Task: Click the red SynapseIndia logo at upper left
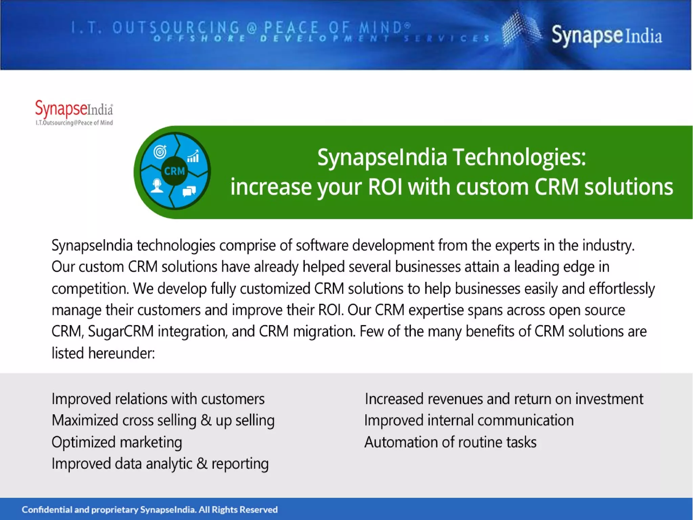tap(74, 109)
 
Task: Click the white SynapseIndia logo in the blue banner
tap(606, 36)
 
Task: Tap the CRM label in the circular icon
tap(174, 171)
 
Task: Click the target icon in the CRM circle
tap(160, 151)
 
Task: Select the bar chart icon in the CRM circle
tap(193, 156)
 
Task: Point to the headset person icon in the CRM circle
tap(157, 186)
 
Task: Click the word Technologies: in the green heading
tap(519, 158)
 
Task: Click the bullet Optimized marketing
tap(117, 442)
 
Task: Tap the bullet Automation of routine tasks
tap(450, 442)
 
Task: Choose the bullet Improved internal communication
tap(469, 420)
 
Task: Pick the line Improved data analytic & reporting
tap(160, 464)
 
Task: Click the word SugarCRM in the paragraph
tap(121, 331)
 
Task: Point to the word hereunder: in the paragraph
tap(121, 353)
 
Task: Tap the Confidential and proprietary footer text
tap(149, 509)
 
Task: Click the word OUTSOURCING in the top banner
tap(176, 27)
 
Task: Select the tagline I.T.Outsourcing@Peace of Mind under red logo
tap(74, 123)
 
